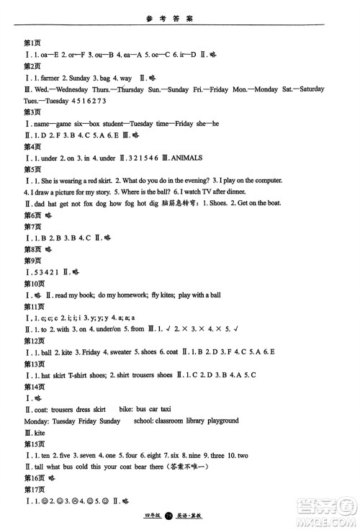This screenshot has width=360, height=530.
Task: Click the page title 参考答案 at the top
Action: coord(180,12)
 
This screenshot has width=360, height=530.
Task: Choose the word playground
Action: coord(218,420)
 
